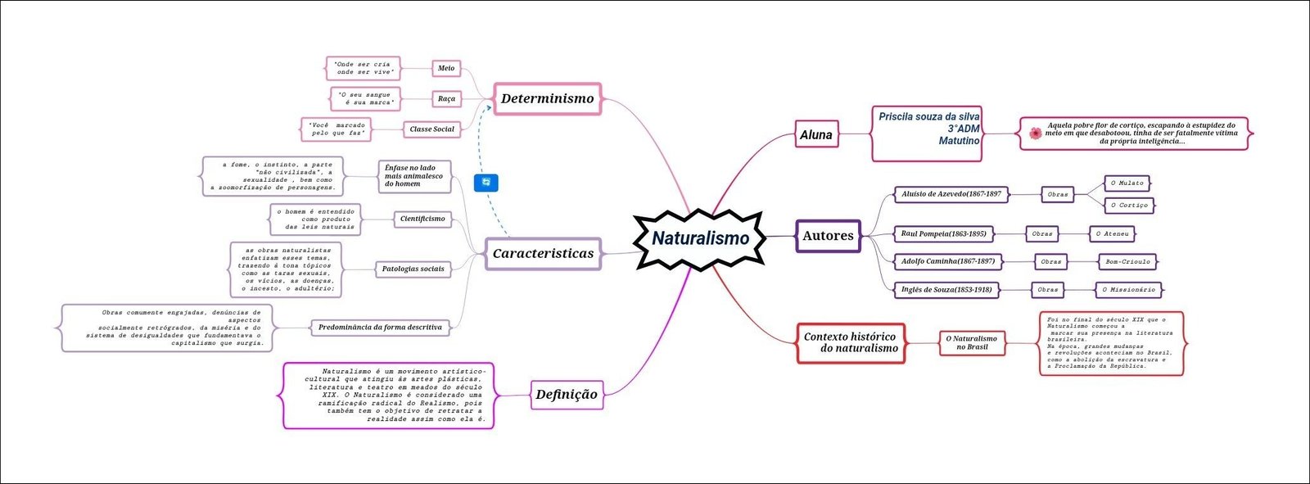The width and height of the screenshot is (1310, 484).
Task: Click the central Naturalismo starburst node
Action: [700, 238]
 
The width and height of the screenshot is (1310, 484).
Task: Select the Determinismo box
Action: [547, 98]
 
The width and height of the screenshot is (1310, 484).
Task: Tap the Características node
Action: [543, 253]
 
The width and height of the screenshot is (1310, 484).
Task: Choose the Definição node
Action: [566, 394]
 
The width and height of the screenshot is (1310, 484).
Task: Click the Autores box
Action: [828, 236]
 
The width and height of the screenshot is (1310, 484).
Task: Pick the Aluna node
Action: [816, 134]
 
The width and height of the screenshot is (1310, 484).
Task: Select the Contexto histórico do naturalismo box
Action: [851, 342]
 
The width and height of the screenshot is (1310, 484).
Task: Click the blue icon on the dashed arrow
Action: [486, 182]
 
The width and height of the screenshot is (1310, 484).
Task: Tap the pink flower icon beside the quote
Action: [1036, 133]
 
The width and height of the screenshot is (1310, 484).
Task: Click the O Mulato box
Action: [1127, 183]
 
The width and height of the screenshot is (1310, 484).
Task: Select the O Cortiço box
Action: [1129, 205]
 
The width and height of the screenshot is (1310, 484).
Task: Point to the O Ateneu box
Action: [1112, 234]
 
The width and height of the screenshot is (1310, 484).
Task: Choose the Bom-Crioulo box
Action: [1127, 262]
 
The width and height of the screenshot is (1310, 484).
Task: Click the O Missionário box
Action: [1128, 290]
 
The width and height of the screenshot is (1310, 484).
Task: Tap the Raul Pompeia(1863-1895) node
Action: [943, 234]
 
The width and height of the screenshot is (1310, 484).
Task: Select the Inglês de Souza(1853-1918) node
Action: [946, 290]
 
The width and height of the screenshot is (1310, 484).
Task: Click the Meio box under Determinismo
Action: [446, 68]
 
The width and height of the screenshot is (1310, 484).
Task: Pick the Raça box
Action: [446, 98]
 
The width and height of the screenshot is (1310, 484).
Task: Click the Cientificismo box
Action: [422, 219]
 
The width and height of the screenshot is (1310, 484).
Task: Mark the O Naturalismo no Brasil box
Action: [972, 342]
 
